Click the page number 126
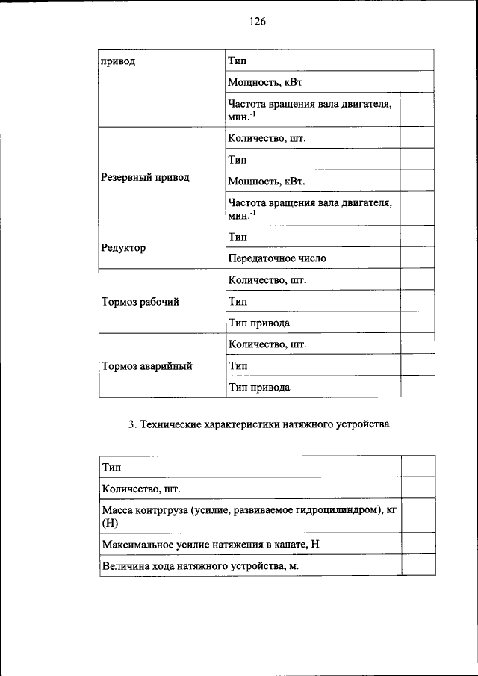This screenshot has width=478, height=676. (x=258, y=22)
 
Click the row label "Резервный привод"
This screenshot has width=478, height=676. (x=145, y=178)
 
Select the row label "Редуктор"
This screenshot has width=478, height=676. (x=123, y=247)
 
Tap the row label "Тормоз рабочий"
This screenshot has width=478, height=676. (x=140, y=302)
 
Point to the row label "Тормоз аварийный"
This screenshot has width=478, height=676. (x=147, y=366)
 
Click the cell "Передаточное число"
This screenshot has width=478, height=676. (x=277, y=258)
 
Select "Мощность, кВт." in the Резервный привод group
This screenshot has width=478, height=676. (x=267, y=182)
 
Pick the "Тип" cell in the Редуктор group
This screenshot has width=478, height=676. (x=238, y=237)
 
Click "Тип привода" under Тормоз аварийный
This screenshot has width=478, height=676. (x=258, y=388)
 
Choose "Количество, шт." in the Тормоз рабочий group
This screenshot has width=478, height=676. (x=267, y=280)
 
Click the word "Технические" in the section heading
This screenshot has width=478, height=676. (x=173, y=425)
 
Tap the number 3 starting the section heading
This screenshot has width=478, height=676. (x=131, y=425)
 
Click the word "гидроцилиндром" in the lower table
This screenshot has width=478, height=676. (x=335, y=509)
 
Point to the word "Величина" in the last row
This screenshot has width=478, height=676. (x=124, y=566)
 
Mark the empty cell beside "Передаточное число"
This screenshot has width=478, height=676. (x=418, y=258)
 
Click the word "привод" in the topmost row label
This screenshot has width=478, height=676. (x=118, y=61)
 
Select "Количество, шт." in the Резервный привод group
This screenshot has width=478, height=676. (x=267, y=139)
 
